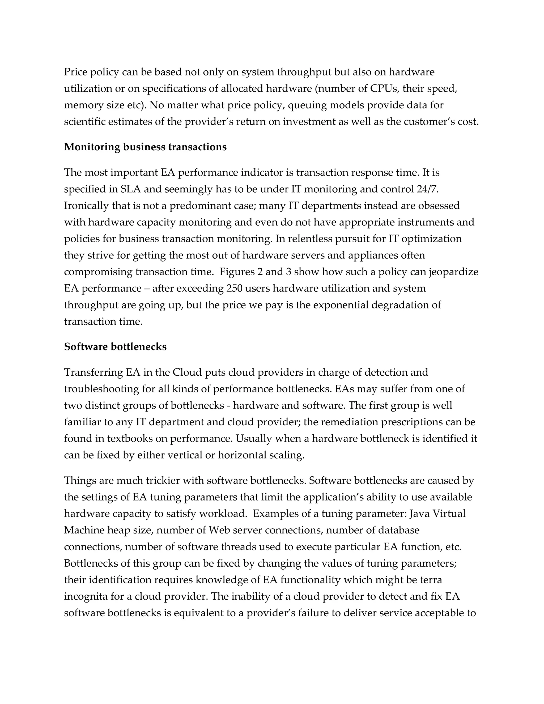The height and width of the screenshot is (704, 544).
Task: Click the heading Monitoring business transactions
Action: pyautogui.click(x=145, y=147)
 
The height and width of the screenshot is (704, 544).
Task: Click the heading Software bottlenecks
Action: pyautogui.click(x=115, y=347)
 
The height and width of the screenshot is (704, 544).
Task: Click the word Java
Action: pyautogui.click(x=419, y=514)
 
